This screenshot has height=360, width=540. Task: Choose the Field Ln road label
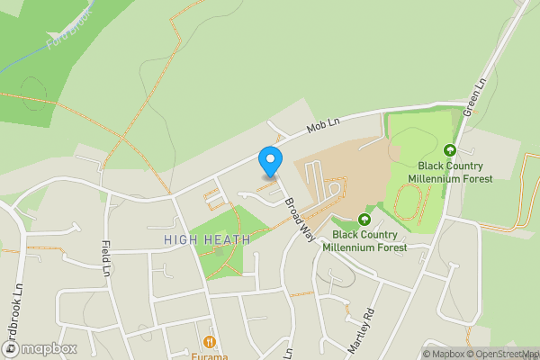click(106, 258)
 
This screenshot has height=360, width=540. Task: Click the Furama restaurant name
click(209, 355)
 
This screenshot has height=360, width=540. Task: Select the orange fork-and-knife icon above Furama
click(209, 341)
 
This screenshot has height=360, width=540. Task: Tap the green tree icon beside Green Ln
click(450, 150)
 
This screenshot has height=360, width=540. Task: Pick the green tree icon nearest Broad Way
click(364, 219)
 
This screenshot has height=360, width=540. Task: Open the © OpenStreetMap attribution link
click(504, 354)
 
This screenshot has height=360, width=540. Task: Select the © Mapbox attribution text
click(444, 354)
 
